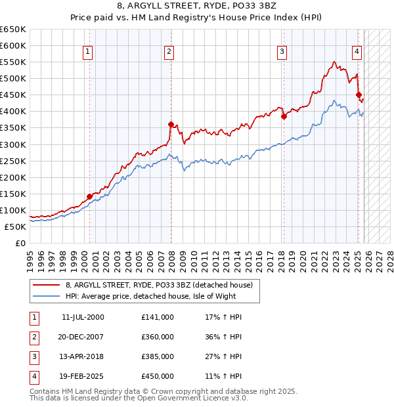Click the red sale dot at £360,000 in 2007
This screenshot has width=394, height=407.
click(171, 124)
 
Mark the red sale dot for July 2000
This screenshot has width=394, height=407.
click(89, 196)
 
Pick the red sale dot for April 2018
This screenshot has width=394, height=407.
click(284, 116)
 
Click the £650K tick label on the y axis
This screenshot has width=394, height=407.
click(13, 30)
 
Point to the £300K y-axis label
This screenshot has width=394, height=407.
click(13, 144)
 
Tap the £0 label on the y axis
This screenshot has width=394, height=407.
click(20, 243)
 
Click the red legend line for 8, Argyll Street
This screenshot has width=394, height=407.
click(47, 284)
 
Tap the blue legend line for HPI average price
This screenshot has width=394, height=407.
click(47, 296)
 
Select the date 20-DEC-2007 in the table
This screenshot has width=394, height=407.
click(82, 337)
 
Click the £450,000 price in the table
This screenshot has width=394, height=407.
click(158, 376)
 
